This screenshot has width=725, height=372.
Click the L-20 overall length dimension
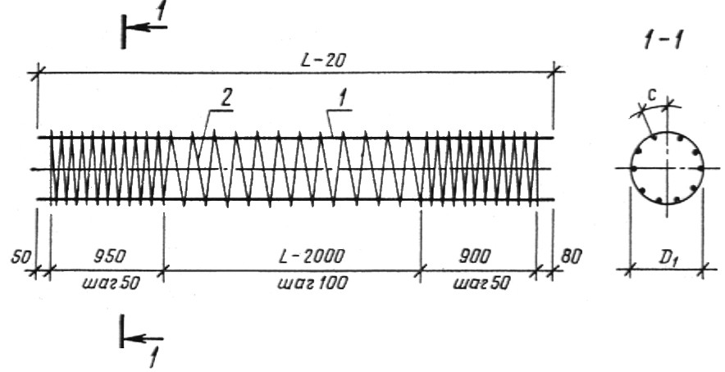(323, 61)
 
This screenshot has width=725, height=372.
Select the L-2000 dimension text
(312, 256)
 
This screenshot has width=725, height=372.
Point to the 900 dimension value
(474, 256)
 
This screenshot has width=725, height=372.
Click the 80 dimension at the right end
(571, 257)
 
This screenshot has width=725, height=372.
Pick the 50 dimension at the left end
(21, 257)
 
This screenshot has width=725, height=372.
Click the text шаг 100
(312, 283)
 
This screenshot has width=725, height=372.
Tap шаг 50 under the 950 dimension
(110, 283)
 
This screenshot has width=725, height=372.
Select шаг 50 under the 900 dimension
(481, 283)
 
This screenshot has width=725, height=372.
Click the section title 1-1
(664, 41)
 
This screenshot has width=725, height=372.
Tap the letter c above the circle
(653, 96)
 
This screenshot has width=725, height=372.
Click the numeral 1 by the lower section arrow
(153, 357)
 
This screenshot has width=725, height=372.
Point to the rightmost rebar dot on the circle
(701, 169)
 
